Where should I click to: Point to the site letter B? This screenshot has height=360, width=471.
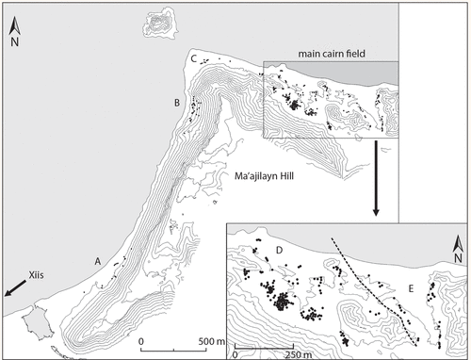coord(175,102)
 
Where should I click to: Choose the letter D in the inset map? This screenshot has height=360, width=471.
coord(280,250)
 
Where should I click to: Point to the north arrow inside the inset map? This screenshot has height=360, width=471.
coord(454,247)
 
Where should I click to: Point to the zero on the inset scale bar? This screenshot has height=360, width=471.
coord(235,354)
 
